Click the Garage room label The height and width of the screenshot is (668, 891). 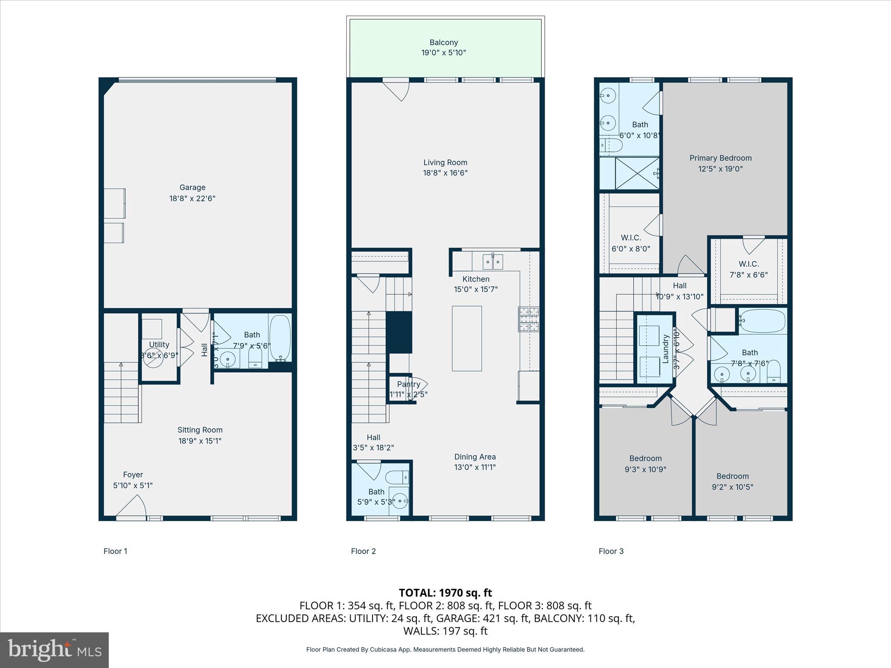click(x=192, y=187)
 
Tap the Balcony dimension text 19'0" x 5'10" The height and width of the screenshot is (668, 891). click(x=443, y=53)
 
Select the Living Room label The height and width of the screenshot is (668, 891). click(x=445, y=163)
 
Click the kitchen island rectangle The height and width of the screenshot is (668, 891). click(x=466, y=338)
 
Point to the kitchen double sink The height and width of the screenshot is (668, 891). click(x=493, y=262)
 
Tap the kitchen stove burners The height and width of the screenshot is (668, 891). click(x=529, y=319)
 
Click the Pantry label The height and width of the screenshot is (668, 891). click(x=409, y=384)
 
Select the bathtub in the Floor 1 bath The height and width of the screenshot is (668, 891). click(x=280, y=337)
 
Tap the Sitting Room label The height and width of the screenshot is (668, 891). click(x=200, y=430)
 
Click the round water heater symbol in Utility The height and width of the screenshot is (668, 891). click(x=153, y=360)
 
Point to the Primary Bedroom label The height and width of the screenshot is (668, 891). click(x=720, y=158)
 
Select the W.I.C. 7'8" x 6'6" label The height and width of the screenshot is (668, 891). click(x=748, y=269)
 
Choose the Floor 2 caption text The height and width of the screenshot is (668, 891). click(x=363, y=551)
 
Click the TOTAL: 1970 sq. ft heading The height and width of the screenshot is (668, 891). click(x=445, y=593)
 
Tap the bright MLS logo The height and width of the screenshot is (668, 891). click(x=54, y=650)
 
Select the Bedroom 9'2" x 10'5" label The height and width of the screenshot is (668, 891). click(x=733, y=481)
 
